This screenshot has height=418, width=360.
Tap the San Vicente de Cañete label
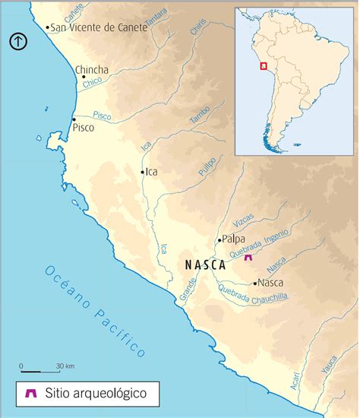click(89, 27)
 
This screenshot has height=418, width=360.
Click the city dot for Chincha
click(76, 76)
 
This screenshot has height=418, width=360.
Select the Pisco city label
click(83, 128)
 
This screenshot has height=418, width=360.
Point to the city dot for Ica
click(142, 173)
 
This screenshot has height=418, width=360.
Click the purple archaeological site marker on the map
click(248, 258)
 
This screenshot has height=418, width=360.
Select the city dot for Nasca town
click(255, 283)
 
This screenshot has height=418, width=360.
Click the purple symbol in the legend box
click(31, 394)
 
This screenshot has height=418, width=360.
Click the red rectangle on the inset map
click(263, 67)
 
